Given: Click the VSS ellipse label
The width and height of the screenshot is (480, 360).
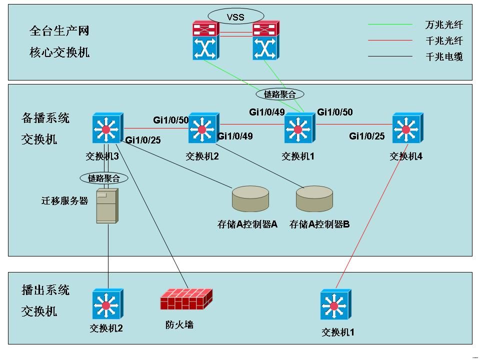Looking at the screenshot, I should coord(235,16).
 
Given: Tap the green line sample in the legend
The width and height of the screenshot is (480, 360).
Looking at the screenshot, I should coord(390,24).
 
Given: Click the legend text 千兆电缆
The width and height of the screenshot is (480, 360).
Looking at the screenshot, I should coord(444,56).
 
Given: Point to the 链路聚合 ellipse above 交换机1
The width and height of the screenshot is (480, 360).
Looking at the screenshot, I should coord(279,93).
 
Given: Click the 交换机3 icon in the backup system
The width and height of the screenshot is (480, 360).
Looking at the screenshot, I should coord(107,129).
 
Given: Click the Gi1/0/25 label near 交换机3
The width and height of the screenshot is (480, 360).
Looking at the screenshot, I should coord(143,140).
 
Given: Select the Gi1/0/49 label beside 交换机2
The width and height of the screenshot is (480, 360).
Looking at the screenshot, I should coord(235,136).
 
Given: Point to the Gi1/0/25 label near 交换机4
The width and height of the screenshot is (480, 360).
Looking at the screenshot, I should coord(367,136).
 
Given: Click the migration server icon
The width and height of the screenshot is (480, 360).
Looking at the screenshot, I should coord(107,205).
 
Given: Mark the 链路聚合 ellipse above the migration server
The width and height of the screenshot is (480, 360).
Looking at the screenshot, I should coord(104,177).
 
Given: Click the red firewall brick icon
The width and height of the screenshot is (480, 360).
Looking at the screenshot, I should coord(185,300).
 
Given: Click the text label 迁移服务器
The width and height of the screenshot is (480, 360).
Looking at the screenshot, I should coord(64,201).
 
